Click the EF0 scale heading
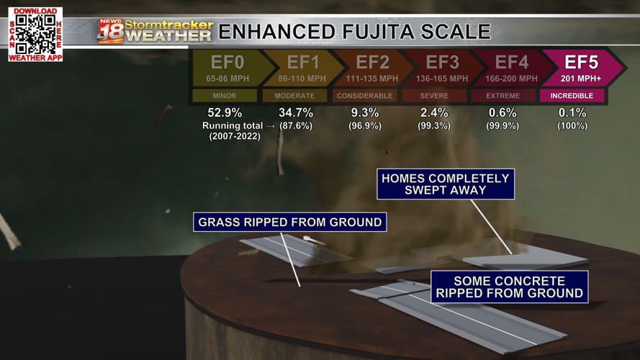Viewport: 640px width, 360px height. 226,63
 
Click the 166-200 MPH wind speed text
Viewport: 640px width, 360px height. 511,78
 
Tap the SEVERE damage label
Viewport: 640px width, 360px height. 433,96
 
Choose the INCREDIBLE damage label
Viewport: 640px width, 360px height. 572,96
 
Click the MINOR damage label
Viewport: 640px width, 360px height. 225,96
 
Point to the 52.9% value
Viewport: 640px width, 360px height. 225,113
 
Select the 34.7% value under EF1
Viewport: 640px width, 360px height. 296,113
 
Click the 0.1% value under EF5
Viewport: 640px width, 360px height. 572,113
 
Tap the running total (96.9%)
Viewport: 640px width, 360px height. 365,126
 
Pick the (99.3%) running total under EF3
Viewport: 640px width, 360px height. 434,126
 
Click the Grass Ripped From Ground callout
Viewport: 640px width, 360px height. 289,222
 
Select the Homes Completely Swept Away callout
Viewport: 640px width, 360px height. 445,184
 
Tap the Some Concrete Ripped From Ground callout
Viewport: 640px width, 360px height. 509,287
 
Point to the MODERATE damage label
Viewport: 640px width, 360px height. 294,96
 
